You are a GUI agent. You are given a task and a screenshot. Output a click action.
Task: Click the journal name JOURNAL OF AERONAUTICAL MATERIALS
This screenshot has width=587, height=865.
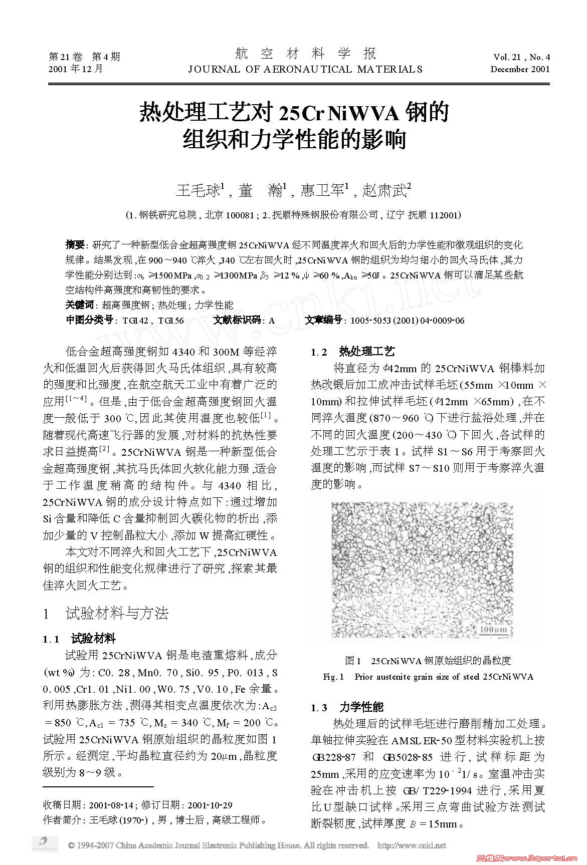click(x=305, y=69)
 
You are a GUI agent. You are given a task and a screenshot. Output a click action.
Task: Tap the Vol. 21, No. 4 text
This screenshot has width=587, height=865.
click(x=521, y=57)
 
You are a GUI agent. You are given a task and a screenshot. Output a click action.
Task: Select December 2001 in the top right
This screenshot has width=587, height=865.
click(x=520, y=69)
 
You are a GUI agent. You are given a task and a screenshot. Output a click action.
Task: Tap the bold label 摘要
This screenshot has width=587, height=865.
click(x=75, y=245)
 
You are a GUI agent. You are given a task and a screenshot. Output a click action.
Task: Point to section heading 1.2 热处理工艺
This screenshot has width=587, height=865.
click(x=353, y=352)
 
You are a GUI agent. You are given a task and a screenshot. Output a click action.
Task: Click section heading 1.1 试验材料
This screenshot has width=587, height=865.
click(x=80, y=639)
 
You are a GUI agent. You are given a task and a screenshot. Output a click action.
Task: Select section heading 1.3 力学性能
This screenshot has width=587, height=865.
click(x=347, y=707)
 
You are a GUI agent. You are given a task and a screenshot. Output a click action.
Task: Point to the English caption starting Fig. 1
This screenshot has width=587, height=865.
click(x=428, y=677)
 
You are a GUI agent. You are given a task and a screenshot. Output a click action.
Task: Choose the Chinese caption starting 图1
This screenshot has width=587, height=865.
click(x=428, y=661)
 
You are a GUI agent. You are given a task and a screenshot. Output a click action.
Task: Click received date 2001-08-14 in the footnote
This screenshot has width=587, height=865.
click(x=111, y=805)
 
